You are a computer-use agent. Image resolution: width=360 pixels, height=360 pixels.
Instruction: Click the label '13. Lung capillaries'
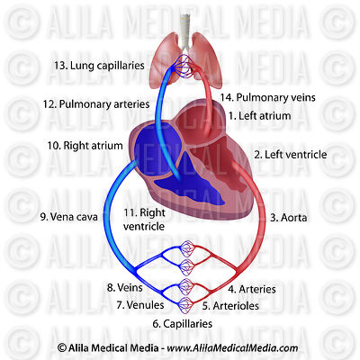pos(99,66)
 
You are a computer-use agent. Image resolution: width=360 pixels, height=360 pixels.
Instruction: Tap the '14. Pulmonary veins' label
pos(268,97)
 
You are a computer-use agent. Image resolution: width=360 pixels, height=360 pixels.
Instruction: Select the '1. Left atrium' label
pos(260,116)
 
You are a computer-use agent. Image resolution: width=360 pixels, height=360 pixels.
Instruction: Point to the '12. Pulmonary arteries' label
pos(96,104)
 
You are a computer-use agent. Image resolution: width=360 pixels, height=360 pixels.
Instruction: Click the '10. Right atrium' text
pos(85,146)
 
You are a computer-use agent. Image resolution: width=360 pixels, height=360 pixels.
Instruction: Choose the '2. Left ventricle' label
pos(291,155)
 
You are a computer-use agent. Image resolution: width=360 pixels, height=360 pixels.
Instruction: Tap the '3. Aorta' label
pos(289,218)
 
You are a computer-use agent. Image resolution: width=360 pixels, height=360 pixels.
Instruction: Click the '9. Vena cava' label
pos(69,217)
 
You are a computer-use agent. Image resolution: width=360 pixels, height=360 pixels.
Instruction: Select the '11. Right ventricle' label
pos(144,220)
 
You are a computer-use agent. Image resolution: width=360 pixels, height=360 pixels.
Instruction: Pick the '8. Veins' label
pos(125,288)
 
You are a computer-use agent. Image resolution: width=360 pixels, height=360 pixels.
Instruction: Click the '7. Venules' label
pos(140,305)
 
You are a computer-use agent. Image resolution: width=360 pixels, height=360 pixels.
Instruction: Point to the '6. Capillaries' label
pos(183,324)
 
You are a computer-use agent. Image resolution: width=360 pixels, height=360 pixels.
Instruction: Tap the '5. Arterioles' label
pos(230,306)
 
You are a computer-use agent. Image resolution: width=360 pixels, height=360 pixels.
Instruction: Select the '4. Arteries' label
pos(252,289)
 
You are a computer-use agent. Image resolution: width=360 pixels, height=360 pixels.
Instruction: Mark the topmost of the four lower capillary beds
pos(186,249)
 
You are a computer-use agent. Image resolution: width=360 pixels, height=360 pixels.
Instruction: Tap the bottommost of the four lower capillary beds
pos(186,304)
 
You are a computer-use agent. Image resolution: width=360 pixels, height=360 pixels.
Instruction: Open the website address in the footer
pos(232,348)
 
